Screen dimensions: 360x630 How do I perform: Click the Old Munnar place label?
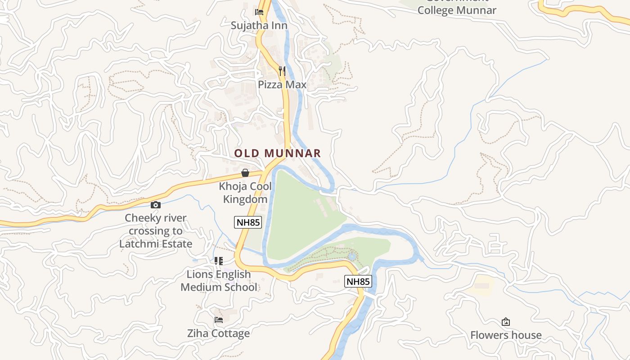coord(277,153)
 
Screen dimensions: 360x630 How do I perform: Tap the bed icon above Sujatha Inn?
coord(259,12)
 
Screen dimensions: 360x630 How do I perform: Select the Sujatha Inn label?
coord(259,26)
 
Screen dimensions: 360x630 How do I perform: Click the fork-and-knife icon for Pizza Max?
coord(282,71)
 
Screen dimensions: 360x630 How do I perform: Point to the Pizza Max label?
coord(282,85)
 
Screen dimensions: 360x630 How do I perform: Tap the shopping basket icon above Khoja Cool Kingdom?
coord(245,173)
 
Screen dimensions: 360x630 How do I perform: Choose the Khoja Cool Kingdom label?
coord(245,193)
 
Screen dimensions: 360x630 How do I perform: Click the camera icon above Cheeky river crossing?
coord(155,205)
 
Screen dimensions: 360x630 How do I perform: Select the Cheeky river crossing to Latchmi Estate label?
coord(156,231)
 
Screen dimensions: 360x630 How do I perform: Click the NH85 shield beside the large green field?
coord(248,222)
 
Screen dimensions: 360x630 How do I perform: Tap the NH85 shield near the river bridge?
coord(358,282)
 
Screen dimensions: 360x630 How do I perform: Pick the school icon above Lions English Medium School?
coord(219,261)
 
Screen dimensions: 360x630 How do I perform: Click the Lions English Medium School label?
coord(219,281)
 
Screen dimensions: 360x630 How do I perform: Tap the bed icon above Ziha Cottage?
coord(219,320)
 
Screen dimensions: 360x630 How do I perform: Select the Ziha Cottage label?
coord(218,333)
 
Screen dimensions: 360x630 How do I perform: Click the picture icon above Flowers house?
coord(506,322)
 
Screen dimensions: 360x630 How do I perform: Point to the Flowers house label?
coord(506,335)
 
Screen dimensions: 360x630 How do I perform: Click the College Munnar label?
coord(457,9)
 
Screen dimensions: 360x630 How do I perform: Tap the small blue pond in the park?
coord(352,256)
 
